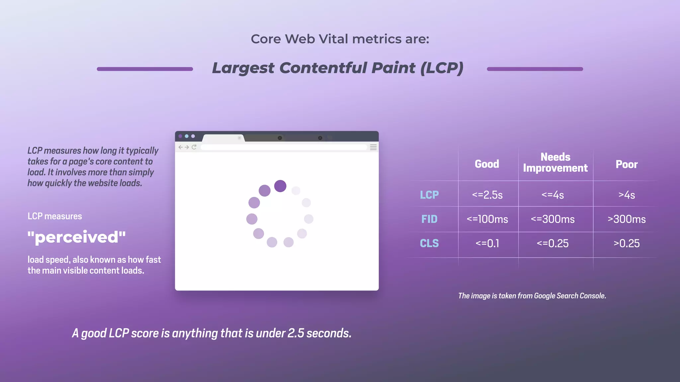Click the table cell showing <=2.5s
pyautogui.click(x=487, y=195)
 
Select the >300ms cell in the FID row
pyautogui.click(x=627, y=219)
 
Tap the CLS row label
pyautogui.click(x=429, y=243)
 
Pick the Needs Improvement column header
pyautogui.click(x=555, y=162)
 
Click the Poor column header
pyautogui.click(x=627, y=164)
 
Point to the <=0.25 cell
pyautogui.click(x=552, y=243)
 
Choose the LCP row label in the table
pyautogui.click(x=429, y=195)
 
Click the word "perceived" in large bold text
pyautogui.click(x=77, y=237)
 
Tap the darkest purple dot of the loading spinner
pyautogui.click(x=280, y=186)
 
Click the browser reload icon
pyautogui.click(x=194, y=147)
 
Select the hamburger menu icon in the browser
pyautogui.click(x=373, y=147)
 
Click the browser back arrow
pyautogui.click(x=180, y=147)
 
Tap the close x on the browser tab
pyautogui.click(x=239, y=138)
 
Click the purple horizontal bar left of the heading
pyautogui.click(x=145, y=69)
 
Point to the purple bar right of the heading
pyautogui.click(x=535, y=69)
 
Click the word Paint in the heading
pyautogui.click(x=393, y=68)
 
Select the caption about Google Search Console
pyautogui.click(x=532, y=296)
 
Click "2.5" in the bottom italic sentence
pyautogui.click(x=296, y=333)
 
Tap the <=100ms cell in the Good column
pyautogui.click(x=487, y=219)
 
